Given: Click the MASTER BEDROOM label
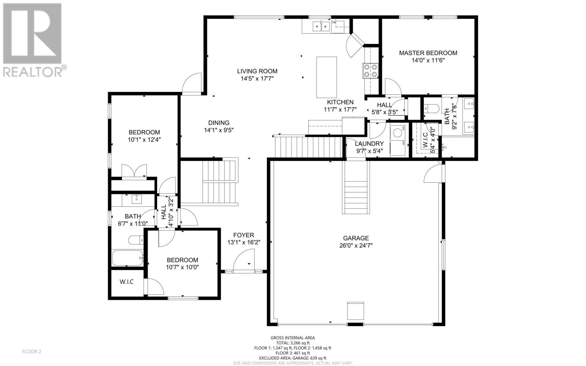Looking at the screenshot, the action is click(428, 53).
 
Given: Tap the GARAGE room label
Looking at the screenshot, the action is click(356, 238).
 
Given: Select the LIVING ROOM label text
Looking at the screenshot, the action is click(257, 71).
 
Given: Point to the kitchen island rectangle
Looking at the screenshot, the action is click(326, 77).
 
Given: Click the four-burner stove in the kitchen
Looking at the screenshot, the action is click(370, 71).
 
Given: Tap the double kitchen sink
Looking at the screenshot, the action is click(322, 26).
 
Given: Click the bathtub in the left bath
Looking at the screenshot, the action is click(128, 258).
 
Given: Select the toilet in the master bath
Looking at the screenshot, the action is click(431, 108).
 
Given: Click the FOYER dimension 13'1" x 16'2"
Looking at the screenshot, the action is click(244, 243).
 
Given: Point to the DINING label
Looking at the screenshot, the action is click(219, 123).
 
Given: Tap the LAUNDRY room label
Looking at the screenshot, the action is click(369, 144).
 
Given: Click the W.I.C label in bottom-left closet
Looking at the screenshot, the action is click(127, 282).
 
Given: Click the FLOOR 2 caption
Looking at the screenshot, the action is click(31, 352).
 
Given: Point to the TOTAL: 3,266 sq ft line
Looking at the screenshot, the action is click(293, 343).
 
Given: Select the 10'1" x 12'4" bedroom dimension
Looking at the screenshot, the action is click(144, 140).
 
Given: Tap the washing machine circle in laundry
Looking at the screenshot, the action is click(397, 133).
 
